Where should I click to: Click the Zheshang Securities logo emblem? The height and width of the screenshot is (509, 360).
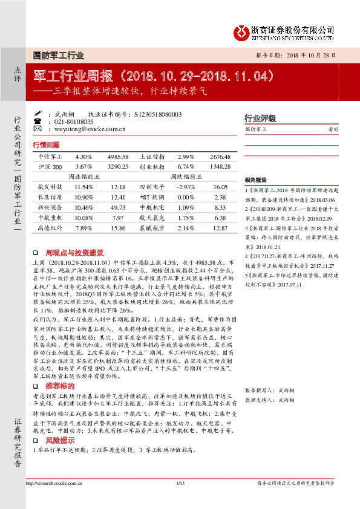pos(243,31)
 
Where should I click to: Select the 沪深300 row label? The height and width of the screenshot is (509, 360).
pos(51,166)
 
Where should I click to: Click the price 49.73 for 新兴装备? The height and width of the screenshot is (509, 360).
pos(119,207)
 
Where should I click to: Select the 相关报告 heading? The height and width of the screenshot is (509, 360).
pos(256,181)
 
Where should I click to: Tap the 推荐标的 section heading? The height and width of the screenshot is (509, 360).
pos(59,334)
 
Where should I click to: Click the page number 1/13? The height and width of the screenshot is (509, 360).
pos(180,500)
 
